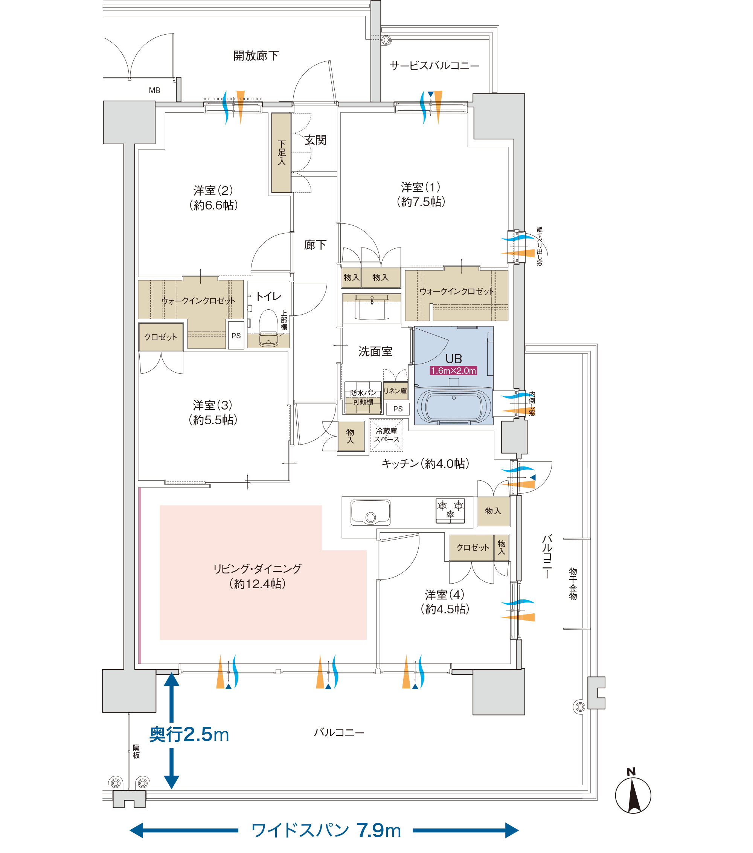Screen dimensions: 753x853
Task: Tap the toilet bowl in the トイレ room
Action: coord(268,328)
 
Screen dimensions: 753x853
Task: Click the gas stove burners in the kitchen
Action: coord(450,510)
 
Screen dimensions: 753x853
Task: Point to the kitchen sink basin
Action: coord(370,512)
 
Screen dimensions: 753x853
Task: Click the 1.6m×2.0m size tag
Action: coord(453,371)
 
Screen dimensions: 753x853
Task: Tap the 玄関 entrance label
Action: coord(315,140)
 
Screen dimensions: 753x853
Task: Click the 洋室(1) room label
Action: coord(421,194)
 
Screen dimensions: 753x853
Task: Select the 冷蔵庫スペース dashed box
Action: coord(387,435)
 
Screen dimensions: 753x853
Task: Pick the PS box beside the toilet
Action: coord(236,335)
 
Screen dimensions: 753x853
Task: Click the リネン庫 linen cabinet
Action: coord(395,391)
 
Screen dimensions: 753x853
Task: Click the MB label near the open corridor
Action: coord(154,90)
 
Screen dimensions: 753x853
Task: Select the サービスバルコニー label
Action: coord(434,66)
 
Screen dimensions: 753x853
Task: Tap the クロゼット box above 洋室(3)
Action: coord(161,337)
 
